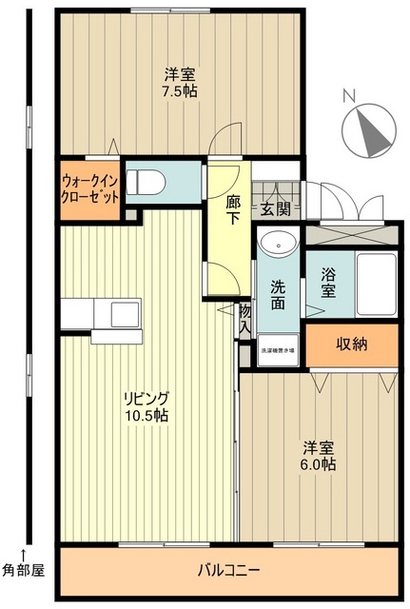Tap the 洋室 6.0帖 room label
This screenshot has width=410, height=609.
point(320,456)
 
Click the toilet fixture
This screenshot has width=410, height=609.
point(149,180)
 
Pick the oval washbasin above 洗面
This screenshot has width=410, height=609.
point(278,244)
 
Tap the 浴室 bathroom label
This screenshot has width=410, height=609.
point(328,285)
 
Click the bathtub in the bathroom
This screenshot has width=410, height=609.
point(375,285)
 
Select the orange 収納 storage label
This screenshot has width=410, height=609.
point(352,344)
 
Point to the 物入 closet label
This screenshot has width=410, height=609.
point(245,318)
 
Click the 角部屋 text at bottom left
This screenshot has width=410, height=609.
point(23,571)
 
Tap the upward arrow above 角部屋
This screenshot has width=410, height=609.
point(24,553)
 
